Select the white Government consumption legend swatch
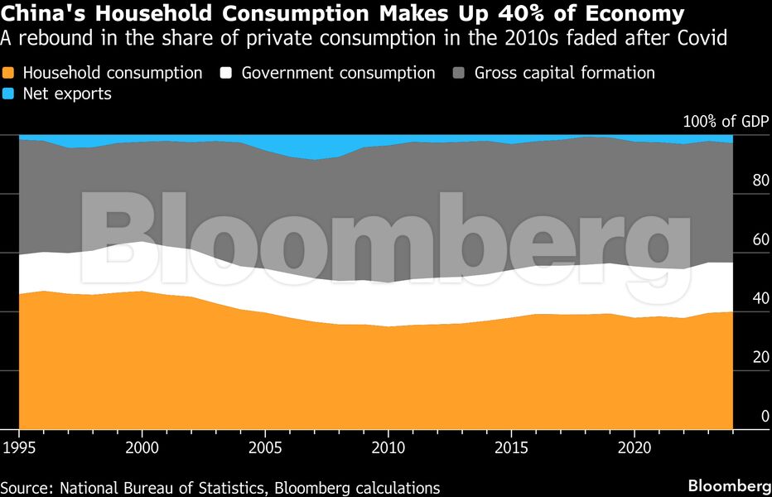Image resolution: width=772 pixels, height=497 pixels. [x=229, y=73]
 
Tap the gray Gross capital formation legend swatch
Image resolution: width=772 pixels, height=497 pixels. [x=461, y=73]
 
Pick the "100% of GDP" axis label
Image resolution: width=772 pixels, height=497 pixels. [x=726, y=122]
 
